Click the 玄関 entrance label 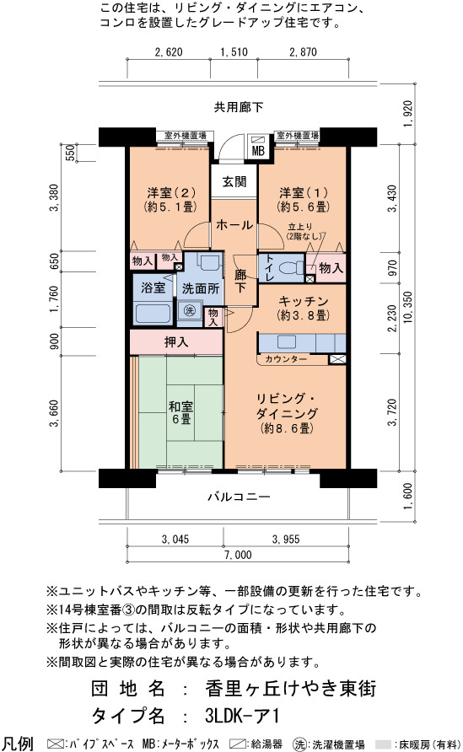(x=234, y=181)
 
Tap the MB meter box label (x=258, y=151)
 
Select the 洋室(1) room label (x=304, y=193)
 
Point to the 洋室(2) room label (x=171, y=193)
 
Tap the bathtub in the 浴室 (x=153, y=314)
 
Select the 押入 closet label (x=176, y=342)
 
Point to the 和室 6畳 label (x=180, y=413)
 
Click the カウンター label (x=286, y=359)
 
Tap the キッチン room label (x=304, y=301)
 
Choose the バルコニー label (x=239, y=497)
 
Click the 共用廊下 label (x=239, y=107)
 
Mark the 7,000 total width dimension (x=238, y=555)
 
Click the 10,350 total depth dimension (x=408, y=307)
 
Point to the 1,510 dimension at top (x=234, y=51)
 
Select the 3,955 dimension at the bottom (x=286, y=540)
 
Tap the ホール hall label (x=234, y=225)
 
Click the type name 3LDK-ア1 (x=241, y=716)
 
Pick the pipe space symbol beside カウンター (x=336, y=359)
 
